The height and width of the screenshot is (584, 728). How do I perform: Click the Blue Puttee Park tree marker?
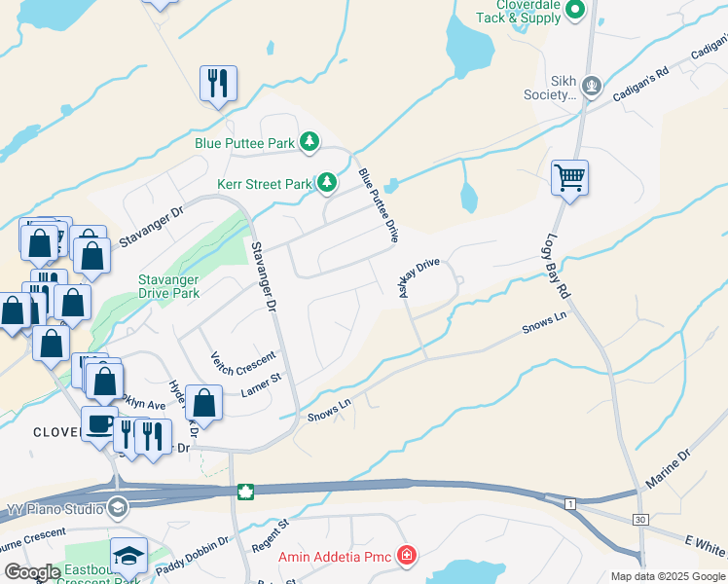309,143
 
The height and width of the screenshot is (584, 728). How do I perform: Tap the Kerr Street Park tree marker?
328,183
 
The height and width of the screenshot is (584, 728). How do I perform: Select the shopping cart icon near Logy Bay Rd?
569,178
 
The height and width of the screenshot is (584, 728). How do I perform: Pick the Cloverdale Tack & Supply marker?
574,11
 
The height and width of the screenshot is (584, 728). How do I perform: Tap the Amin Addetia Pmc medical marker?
407,556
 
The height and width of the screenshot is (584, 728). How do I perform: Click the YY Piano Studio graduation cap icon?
117,506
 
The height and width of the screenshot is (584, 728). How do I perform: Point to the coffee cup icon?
98,423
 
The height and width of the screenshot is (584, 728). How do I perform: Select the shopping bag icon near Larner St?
204,400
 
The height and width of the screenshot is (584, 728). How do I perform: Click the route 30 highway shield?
639,521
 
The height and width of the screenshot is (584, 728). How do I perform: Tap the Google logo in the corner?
33,572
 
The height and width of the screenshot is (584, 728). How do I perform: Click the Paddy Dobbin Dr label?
193,553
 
